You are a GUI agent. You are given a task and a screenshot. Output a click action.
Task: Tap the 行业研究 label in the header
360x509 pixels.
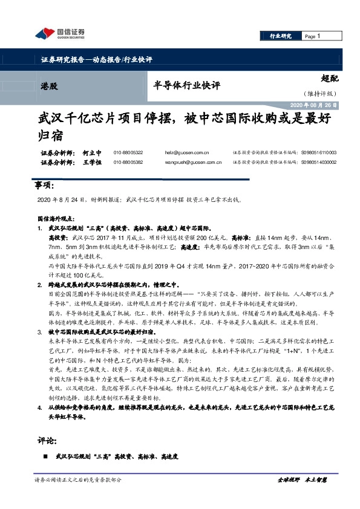pyautogui.click(x=280, y=36)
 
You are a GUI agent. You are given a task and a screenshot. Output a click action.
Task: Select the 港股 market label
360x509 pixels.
pyautogui.click(x=50, y=86)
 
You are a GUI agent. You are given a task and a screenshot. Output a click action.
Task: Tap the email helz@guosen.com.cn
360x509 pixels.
pyautogui.click(x=186, y=153)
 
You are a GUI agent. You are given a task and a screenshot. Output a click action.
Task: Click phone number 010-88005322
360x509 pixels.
pyautogui.click(x=128, y=153)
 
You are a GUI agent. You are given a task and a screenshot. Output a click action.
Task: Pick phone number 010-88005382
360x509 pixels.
pyautogui.click(x=128, y=163)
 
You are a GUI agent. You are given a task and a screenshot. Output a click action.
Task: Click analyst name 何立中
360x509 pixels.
pyautogui.click(x=91, y=153)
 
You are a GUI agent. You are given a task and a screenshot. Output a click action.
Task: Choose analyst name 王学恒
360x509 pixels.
pyautogui.click(x=91, y=163)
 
